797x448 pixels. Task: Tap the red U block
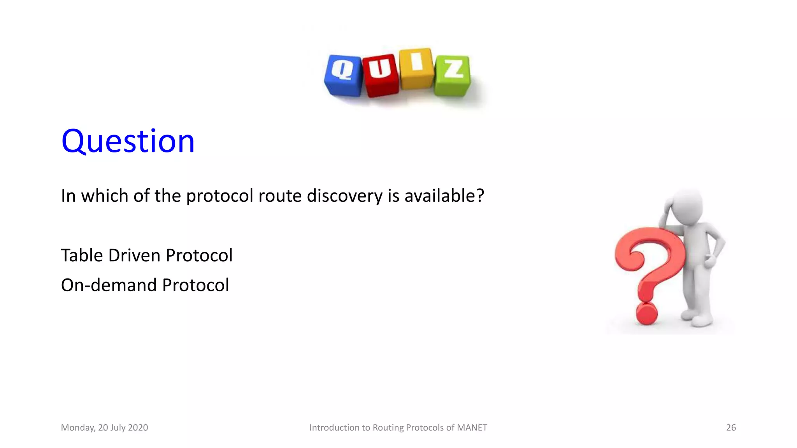(380, 75)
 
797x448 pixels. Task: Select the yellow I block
(416, 68)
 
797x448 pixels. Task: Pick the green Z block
(452, 76)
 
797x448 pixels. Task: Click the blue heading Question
(128, 141)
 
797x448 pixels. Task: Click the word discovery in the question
(344, 196)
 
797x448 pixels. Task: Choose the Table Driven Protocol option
(146, 255)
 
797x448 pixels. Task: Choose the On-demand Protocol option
(145, 285)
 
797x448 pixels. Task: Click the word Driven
(134, 255)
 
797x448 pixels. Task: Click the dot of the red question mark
(646, 313)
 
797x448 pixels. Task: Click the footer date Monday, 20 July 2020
(104, 427)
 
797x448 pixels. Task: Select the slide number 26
(731, 427)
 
